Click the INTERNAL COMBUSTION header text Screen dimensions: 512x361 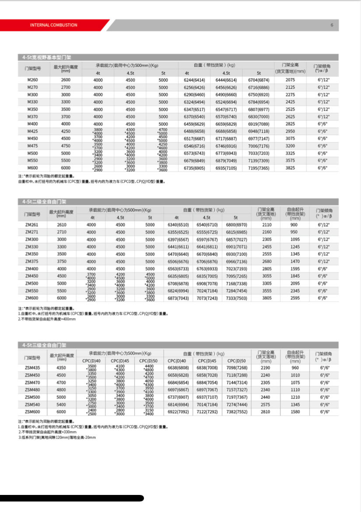53,25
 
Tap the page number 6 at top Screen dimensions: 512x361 332,25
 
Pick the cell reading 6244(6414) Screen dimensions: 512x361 194,80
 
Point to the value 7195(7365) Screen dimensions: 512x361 259,168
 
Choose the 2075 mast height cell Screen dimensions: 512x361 290,80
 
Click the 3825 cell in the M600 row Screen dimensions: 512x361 290,168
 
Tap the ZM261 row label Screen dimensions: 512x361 32,224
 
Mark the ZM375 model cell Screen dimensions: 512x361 32,261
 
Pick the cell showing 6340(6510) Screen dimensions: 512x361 178,224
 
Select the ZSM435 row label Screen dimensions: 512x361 32,368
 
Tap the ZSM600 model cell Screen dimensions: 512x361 32,411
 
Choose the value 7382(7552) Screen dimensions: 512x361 236,411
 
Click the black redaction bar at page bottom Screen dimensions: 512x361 72,498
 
